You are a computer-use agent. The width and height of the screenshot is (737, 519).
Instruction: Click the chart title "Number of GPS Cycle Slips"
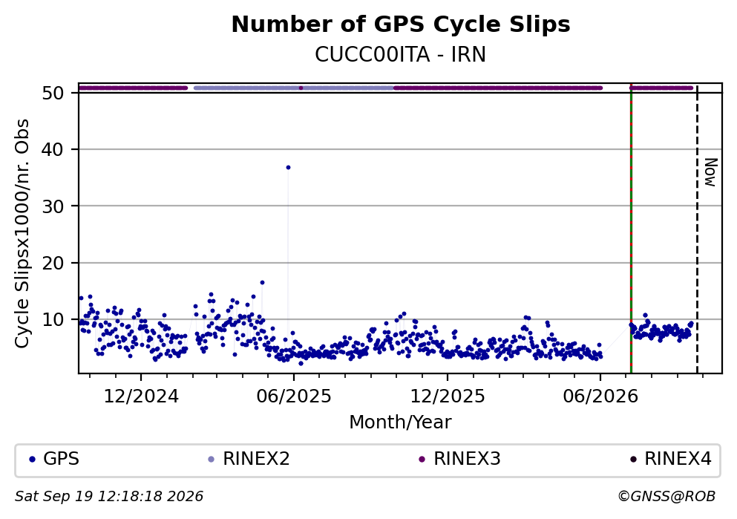click(x=401, y=25)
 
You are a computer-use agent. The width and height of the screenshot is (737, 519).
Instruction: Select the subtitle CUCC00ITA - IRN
click(x=401, y=55)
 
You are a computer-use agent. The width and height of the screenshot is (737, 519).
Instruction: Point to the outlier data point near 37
click(x=288, y=167)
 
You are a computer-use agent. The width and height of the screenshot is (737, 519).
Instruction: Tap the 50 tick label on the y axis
click(x=53, y=93)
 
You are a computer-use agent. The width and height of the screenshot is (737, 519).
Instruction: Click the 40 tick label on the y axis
click(x=53, y=149)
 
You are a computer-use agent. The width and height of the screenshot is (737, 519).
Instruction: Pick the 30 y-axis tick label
click(x=53, y=206)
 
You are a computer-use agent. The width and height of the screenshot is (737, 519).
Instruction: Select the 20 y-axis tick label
click(x=53, y=263)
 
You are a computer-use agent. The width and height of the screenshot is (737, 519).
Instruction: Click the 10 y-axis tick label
click(x=53, y=319)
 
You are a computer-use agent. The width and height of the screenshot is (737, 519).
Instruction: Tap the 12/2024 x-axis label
click(x=141, y=396)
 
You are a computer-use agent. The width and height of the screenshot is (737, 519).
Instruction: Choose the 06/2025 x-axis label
click(x=294, y=396)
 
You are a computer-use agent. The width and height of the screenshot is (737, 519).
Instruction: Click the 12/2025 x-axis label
click(x=448, y=396)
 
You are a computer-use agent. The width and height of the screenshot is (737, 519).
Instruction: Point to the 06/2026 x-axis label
click(x=600, y=396)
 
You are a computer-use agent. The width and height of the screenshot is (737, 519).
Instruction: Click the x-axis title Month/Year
click(x=401, y=422)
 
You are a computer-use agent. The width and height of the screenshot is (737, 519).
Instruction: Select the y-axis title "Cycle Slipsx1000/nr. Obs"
click(x=22, y=234)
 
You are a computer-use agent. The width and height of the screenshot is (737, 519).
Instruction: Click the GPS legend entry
click(x=54, y=459)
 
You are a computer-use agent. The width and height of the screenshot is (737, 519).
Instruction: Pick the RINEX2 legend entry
click(x=249, y=459)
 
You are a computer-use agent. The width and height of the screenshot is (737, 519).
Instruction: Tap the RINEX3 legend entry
click(x=459, y=459)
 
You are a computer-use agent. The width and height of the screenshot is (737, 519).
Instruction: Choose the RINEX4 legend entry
click(x=671, y=459)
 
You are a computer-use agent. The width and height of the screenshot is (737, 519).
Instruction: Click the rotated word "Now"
click(x=711, y=172)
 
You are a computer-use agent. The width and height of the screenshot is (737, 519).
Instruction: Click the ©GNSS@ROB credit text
click(x=666, y=497)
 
